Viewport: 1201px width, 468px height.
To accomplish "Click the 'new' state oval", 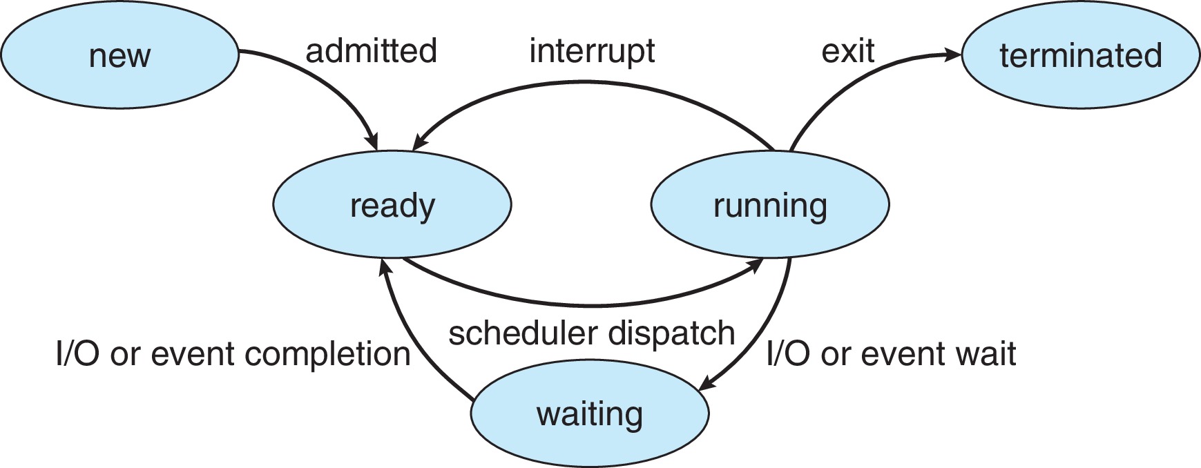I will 119,55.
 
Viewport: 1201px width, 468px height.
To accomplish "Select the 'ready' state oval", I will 392,205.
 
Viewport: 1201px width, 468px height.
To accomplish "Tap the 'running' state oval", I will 769,205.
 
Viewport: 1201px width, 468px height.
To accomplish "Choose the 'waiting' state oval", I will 589,414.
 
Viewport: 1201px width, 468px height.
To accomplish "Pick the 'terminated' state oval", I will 1080,55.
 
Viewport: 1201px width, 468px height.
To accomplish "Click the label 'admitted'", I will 371,51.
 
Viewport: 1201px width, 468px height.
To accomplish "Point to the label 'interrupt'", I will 592,51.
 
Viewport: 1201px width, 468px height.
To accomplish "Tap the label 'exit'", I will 847,51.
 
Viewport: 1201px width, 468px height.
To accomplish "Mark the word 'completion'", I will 328,354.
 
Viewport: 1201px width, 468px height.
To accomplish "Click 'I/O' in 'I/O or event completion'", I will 77,354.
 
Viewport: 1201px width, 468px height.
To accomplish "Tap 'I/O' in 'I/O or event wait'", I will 788,354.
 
